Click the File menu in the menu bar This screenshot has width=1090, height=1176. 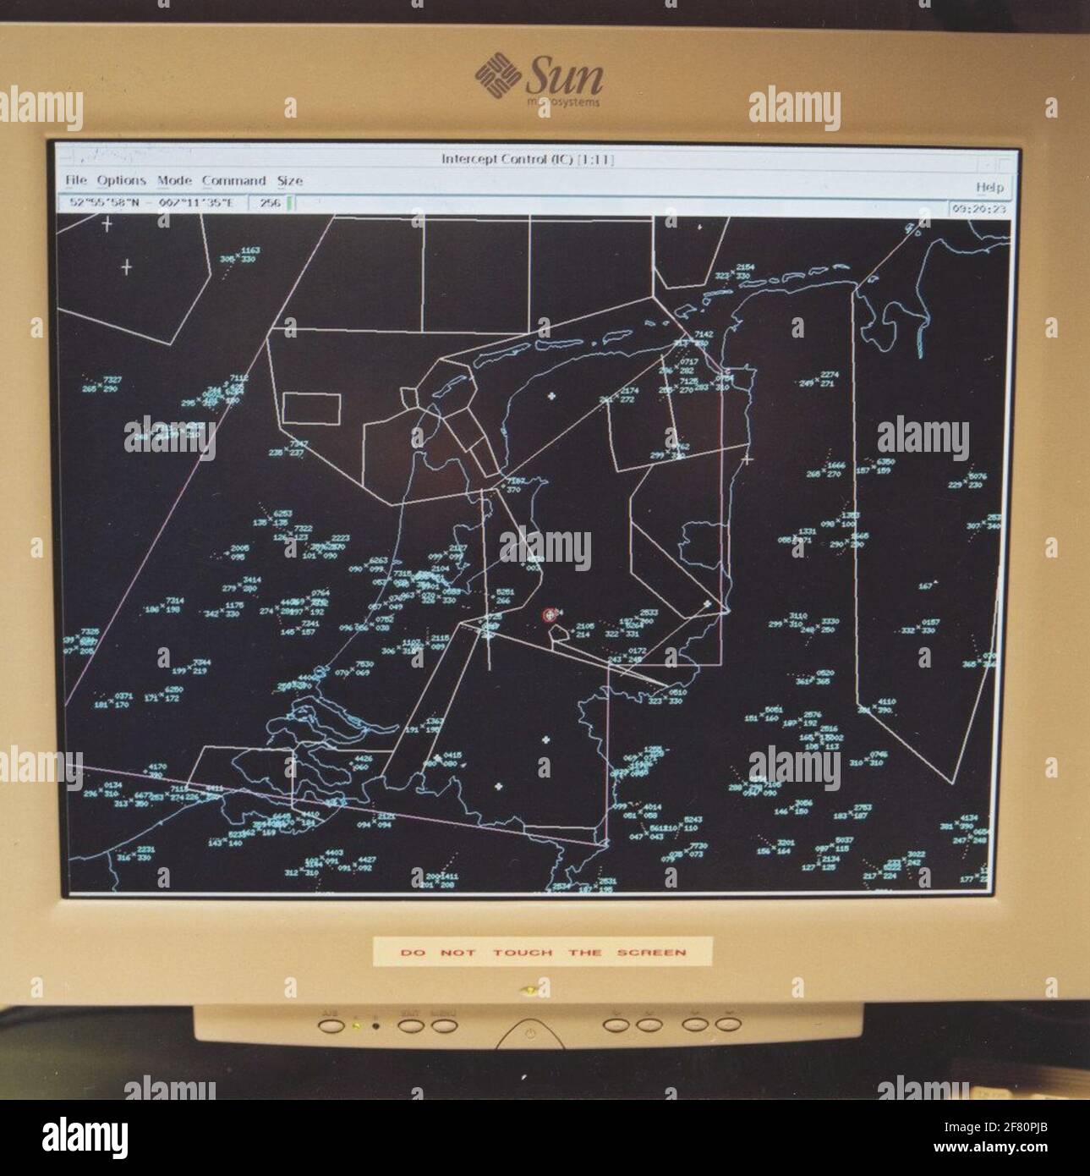tap(75, 180)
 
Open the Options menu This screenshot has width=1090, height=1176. tap(121, 180)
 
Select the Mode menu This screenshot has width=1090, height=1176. tap(174, 180)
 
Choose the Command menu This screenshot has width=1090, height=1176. tap(233, 180)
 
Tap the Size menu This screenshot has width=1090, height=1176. tap(289, 180)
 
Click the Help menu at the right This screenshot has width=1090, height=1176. tap(989, 187)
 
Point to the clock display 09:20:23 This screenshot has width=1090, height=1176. tap(979, 207)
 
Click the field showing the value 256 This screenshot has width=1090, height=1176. tap(271, 203)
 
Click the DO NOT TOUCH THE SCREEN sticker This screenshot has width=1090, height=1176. tap(543, 952)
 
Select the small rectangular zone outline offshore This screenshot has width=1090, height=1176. tap(311, 409)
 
